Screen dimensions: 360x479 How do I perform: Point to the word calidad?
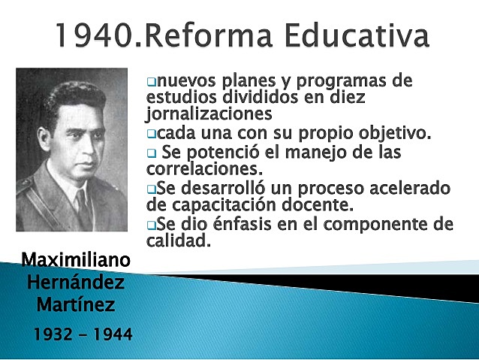179,241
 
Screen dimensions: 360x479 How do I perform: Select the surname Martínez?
75,306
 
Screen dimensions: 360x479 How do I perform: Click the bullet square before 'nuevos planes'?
151,80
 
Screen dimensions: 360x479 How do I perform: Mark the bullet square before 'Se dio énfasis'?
151,225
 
